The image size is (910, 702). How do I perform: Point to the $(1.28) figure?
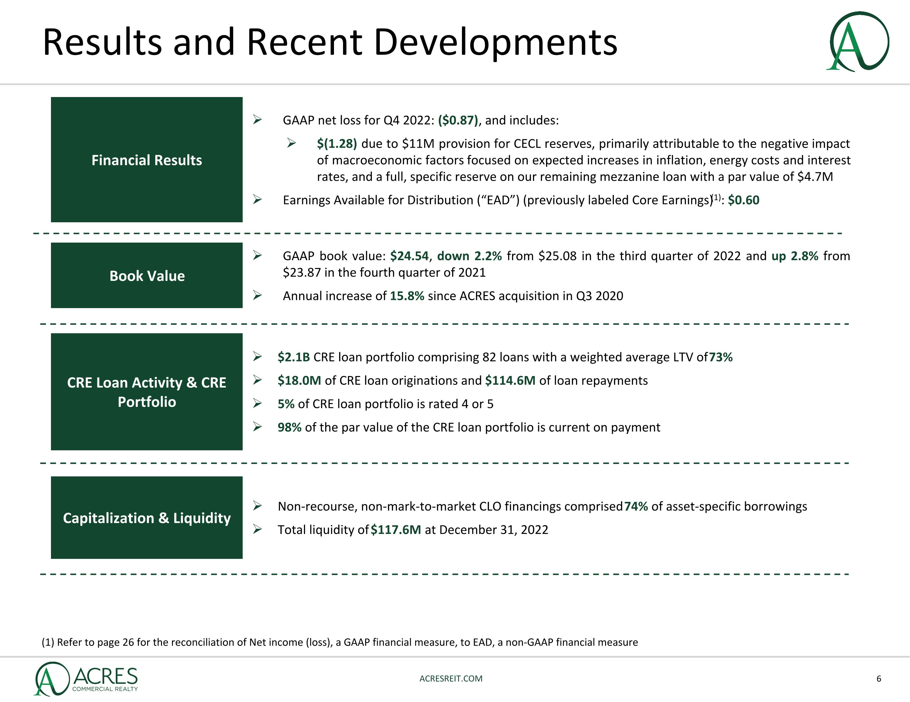[337, 144]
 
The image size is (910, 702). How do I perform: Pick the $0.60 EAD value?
[743, 200]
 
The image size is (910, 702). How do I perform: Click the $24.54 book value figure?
[409, 256]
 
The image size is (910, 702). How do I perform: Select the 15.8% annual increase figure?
[407, 296]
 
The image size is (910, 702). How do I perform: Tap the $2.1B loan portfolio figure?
[294, 357]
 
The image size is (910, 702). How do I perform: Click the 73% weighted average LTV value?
[720, 357]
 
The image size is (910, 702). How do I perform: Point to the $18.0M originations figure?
[299, 380]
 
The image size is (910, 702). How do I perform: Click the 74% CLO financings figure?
[636, 506]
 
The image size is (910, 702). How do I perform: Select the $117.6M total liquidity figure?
[396, 529]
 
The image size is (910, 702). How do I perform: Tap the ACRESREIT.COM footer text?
[451, 678]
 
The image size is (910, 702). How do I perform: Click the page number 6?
[879, 679]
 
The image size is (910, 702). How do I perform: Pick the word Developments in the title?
[495, 42]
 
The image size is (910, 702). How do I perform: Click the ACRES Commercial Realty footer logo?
[86, 679]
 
